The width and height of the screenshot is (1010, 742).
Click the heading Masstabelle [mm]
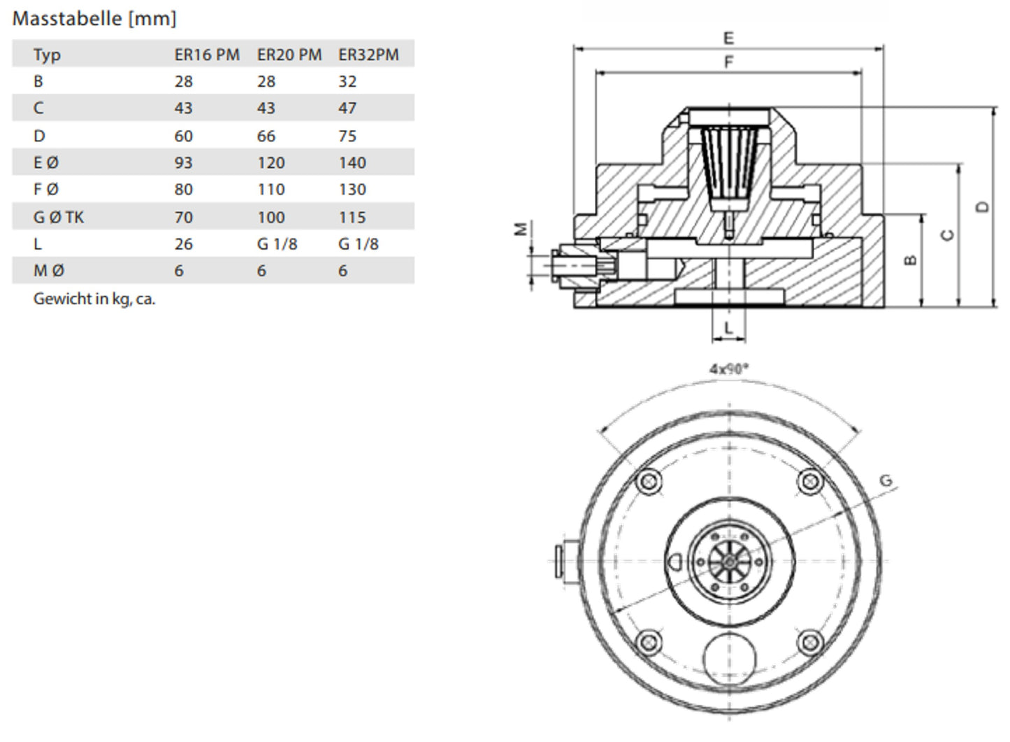(x=94, y=18)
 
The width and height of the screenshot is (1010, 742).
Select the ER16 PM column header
(x=207, y=55)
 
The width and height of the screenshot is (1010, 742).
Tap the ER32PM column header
(x=368, y=55)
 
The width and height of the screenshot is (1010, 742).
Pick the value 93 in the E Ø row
(x=184, y=163)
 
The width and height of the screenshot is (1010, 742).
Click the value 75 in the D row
(x=347, y=136)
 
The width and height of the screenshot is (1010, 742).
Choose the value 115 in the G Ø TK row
(x=352, y=217)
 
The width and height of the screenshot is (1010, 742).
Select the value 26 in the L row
(x=184, y=244)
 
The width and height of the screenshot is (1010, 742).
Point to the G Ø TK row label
(x=59, y=217)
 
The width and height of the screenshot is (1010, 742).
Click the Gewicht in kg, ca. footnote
(x=94, y=299)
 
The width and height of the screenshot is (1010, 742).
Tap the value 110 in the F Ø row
(x=270, y=190)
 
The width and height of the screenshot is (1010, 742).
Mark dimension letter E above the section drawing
(x=728, y=38)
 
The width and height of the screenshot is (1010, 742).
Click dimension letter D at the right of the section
(x=983, y=207)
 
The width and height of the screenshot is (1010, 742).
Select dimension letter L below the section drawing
(x=728, y=328)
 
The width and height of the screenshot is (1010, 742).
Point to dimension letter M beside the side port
(x=521, y=229)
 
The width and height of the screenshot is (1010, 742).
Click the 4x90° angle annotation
(x=728, y=369)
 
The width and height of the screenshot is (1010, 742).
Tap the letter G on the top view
(x=886, y=481)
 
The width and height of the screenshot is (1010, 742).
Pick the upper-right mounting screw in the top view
(x=811, y=480)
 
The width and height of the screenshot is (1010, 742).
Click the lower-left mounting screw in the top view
(x=650, y=641)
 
